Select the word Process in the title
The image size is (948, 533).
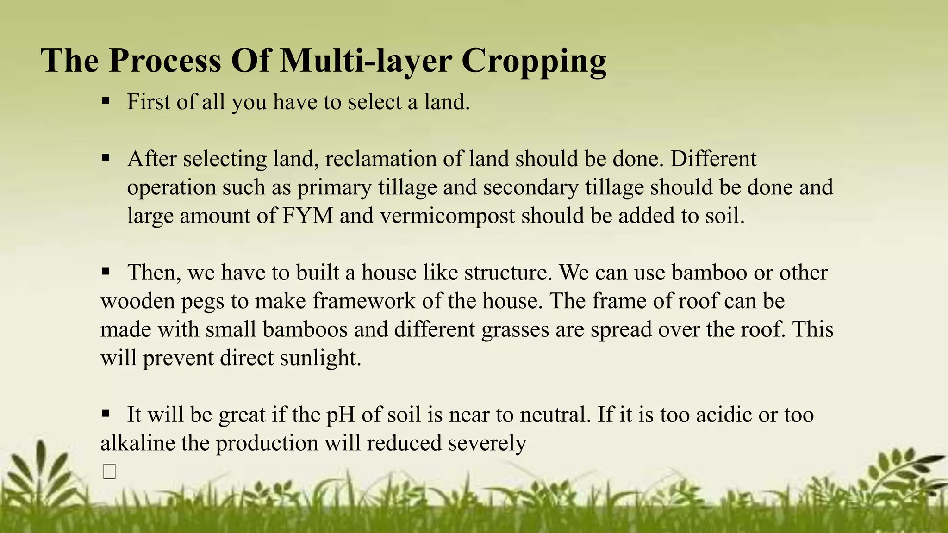click(165, 61)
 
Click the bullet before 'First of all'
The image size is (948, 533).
click(106, 100)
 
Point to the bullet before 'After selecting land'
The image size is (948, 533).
click(106, 158)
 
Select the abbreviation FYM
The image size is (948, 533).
click(308, 216)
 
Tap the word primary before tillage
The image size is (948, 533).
click(334, 188)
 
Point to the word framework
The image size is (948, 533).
click(364, 301)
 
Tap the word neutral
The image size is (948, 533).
click(555, 415)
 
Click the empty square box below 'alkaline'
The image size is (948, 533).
click(110, 471)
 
